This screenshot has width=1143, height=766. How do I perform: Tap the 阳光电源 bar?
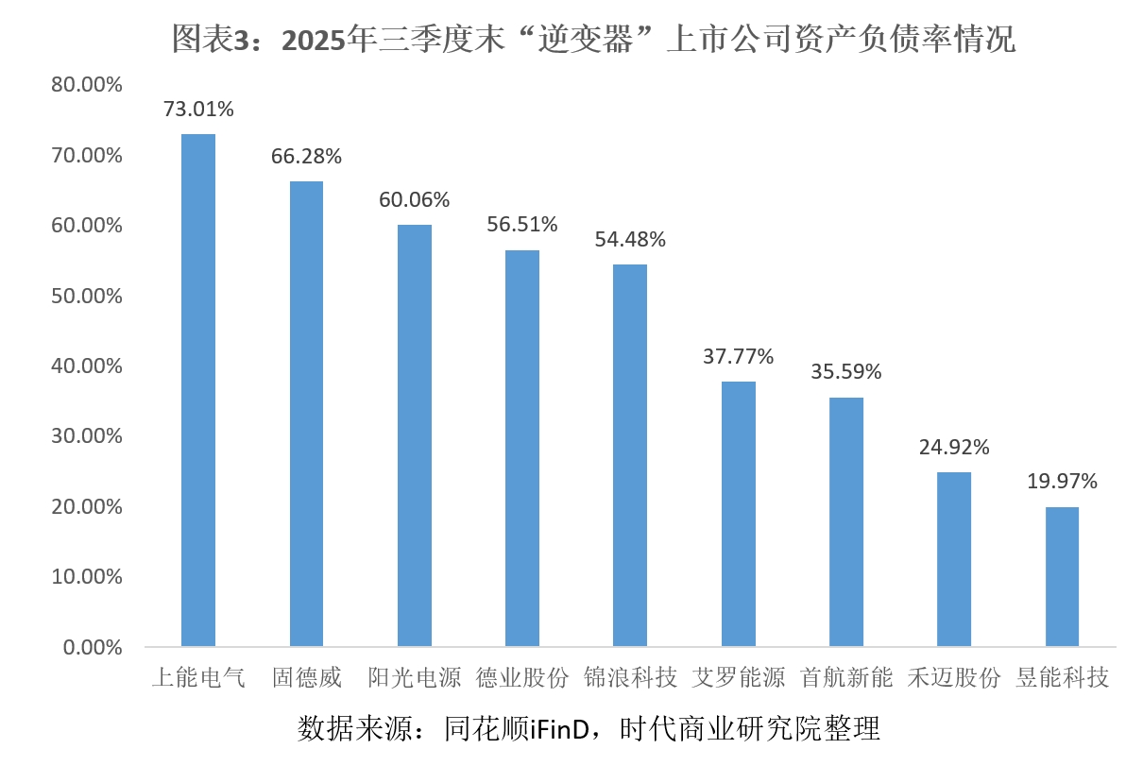click(414, 435)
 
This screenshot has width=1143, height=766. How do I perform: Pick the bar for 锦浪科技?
click(630, 455)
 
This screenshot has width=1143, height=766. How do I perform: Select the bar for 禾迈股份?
click(954, 559)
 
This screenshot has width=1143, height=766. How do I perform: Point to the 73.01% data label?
click(198, 110)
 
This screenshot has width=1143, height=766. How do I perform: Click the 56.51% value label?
click(522, 225)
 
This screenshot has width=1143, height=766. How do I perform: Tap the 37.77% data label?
click(738, 356)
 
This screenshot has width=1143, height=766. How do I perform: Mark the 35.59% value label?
click(845, 372)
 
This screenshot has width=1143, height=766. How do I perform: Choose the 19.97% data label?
click(1062, 482)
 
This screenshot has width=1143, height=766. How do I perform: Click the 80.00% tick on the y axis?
click(88, 85)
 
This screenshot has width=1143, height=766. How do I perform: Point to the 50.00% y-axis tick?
click(88, 296)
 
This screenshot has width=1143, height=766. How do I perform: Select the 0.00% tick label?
click(93, 648)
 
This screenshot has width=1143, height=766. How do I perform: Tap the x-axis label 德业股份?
click(522, 678)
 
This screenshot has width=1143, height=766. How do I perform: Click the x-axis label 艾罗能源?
click(738, 678)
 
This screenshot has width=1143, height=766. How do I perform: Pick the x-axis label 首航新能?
click(845, 678)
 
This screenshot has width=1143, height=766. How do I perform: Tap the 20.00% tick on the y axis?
click(88, 507)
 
